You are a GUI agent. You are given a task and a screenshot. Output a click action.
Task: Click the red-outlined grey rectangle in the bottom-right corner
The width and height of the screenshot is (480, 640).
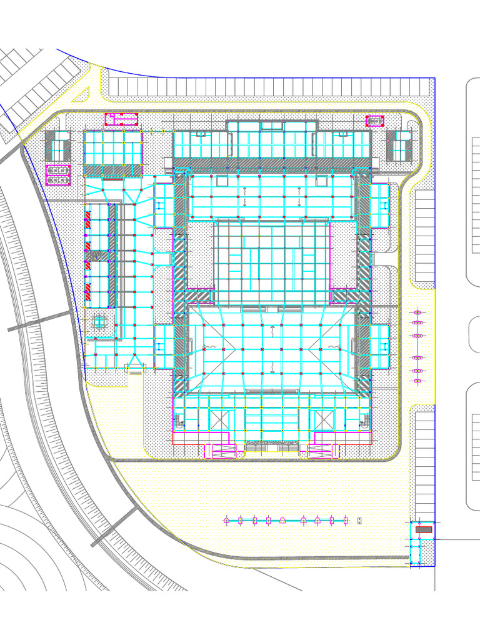coord(424,529)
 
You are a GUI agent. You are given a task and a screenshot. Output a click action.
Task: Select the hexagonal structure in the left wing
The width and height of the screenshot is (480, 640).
coord(100,322)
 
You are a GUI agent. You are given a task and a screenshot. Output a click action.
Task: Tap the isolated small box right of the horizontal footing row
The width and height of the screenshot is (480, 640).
coord(359,520)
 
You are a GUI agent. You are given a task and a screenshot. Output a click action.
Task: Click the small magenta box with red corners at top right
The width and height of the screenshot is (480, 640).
coord(374,121)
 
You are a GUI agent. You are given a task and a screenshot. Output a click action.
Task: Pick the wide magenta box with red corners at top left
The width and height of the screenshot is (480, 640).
coord(121,119)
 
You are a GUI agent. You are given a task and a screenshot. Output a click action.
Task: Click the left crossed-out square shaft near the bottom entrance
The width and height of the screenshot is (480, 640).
coord(220,419)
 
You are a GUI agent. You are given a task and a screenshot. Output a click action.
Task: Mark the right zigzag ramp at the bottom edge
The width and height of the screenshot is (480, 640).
coord(323,451)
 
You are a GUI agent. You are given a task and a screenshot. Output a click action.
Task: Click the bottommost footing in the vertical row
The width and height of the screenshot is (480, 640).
coord(418,380)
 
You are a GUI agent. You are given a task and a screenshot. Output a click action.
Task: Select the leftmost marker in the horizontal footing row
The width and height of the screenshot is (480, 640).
coord(226,520)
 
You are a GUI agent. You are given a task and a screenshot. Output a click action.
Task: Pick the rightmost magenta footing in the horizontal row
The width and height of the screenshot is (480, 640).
coord(345,520)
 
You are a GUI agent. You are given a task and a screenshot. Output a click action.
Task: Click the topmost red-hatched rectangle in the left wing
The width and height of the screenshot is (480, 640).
coord(89,219)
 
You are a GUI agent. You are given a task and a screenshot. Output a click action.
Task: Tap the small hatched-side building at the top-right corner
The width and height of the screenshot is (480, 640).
coord(399,146)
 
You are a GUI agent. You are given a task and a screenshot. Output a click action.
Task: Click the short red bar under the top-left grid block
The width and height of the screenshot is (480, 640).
coord(113,180)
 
